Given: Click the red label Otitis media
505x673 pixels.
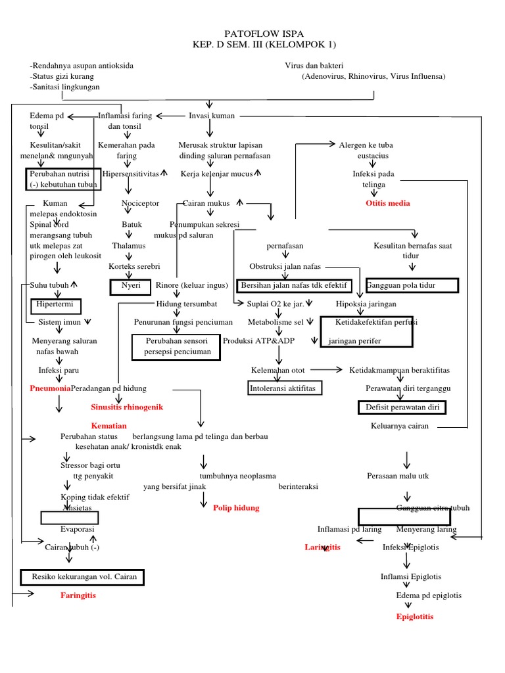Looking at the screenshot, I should [387, 203].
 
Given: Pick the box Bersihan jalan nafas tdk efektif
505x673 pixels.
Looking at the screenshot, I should [294, 285].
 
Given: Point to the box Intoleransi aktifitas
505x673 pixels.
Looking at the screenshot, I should [283, 388].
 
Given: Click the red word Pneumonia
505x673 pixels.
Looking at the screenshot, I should [50, 388].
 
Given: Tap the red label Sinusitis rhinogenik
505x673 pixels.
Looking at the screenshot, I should [127, 407].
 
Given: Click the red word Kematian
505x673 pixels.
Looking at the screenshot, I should [108, 426].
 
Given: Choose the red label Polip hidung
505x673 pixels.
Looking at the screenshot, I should [236, 507].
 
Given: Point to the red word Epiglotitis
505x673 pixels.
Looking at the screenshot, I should [415, 616].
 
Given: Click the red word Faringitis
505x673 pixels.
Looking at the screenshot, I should [78, 595].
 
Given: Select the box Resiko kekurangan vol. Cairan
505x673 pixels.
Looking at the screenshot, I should [82, 577].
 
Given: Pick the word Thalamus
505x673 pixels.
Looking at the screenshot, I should [128, 245].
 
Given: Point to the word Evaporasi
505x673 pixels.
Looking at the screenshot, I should [78, 529].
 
